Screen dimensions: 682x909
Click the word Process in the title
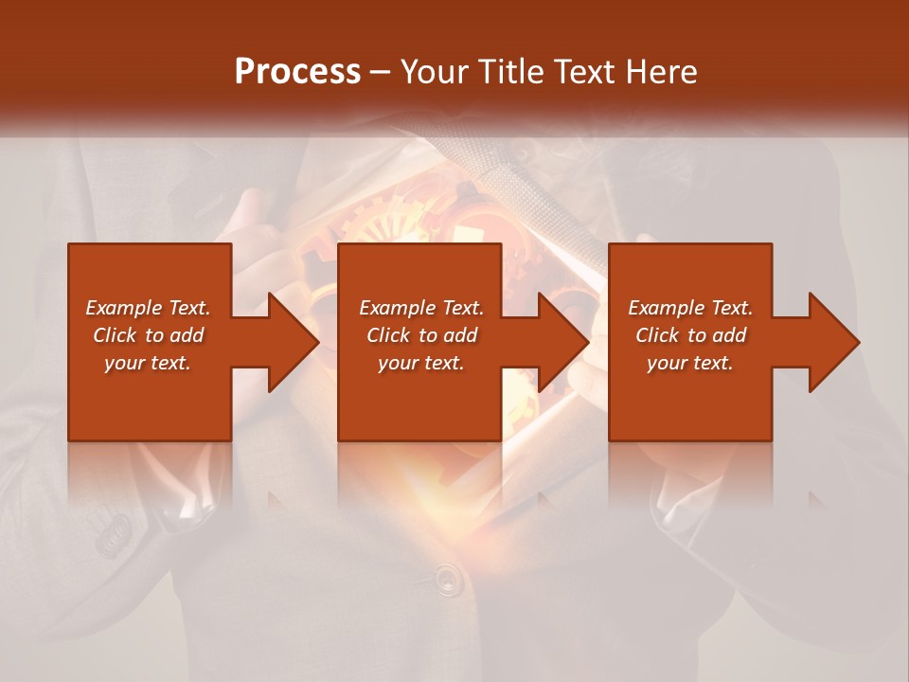[x=297, y=72]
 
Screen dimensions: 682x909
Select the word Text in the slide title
[x=581, y=72]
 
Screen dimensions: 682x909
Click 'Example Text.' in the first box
[x=148, y=308]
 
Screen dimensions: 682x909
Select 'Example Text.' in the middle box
[x=420, y=308]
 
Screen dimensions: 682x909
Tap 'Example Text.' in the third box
[x=690, y=308]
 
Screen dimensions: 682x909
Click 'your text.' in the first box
[x=148, y=363]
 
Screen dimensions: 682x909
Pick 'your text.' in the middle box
[x=420, y=363]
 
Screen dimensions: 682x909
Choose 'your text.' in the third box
[x=690, y=363]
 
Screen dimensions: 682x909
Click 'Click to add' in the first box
[x=148, y=335]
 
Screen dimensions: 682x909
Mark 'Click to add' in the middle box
[x=420, y=335]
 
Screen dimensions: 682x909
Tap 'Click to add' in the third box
[x=690, y=335]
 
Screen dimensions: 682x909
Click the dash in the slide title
[x=380, y=73]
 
